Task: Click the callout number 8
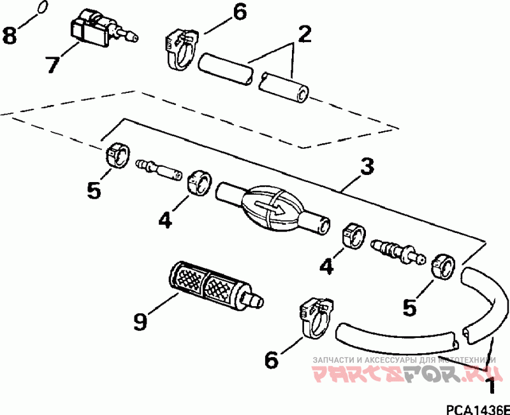point(10,35)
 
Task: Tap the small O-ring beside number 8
point(43,7)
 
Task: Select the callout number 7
point(52,64)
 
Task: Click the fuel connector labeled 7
point(103,29)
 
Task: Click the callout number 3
point(367,165)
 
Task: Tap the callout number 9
point(140,321)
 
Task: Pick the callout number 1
point(491,386)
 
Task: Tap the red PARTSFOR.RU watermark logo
point(404,373)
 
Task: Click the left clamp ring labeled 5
point(117,155)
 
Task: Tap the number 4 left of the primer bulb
point(165,220)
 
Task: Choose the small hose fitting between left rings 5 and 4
point(159,169)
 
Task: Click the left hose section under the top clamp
point(225,69)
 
